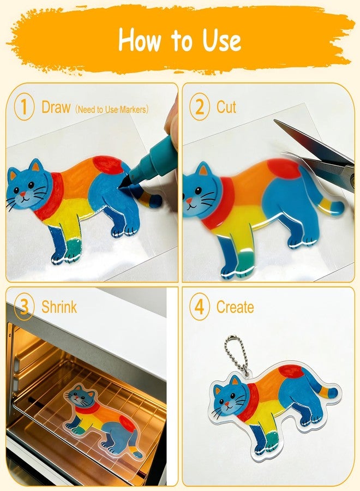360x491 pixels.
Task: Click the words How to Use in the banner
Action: pyautogui.click(x=179, y=40)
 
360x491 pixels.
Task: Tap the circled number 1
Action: pyautogui.click(x=24, y=107)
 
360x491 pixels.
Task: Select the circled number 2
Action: pyautogui.click(x=200, y=107)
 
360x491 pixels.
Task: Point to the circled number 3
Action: pyautogui.click(x=24, y=307)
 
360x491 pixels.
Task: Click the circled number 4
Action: pyautogui.click(x=200, y=307)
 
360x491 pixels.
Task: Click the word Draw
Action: pyautogui.click(x=56, y=107)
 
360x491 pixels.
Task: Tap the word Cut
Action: pyautogui.click(x=226, y=107)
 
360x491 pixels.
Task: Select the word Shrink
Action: pyautogui.click(x=59, y=307)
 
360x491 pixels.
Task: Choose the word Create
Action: pyautogui.click(x=235, y=307)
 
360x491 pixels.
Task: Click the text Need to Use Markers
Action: pyautogui.click(x=112, y=110)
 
